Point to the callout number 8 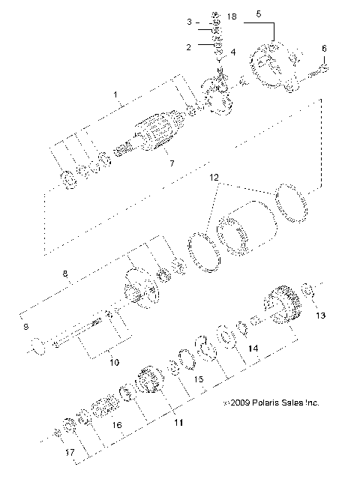point(65,275)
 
